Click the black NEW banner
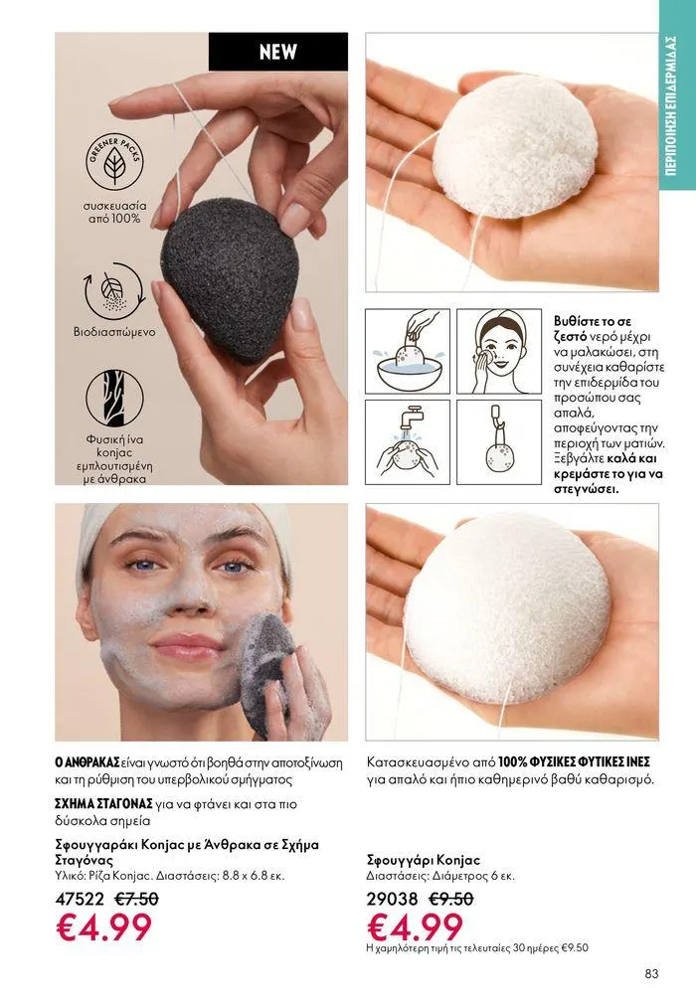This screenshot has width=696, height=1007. tap(278, 52)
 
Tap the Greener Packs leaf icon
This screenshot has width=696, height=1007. tap(115, 161)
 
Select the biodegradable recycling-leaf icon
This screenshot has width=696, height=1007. tap(114, 291)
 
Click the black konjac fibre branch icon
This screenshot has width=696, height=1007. tap(114, 399)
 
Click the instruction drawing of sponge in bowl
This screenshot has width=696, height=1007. tap(408, 351)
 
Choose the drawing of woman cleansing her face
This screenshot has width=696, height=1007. tap(499, 351)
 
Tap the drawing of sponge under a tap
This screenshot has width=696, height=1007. tap(408, 441)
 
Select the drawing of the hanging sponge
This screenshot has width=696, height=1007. tap(499, 441)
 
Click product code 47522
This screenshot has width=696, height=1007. tap(80, 899)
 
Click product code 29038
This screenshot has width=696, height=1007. tap(392, 899)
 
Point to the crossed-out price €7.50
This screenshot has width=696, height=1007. tap(136, 899)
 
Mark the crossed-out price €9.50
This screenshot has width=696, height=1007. tap(450, 899)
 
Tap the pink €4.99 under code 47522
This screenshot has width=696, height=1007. tap(104, 926)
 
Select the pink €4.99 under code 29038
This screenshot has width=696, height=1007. tap(415, 926)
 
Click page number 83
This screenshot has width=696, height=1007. tap(651, 973)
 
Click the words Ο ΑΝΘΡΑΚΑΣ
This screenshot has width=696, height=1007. tap(87, 763)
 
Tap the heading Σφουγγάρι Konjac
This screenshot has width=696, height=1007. tap(424, 860)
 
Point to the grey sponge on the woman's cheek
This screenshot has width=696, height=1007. tap(267, 674)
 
